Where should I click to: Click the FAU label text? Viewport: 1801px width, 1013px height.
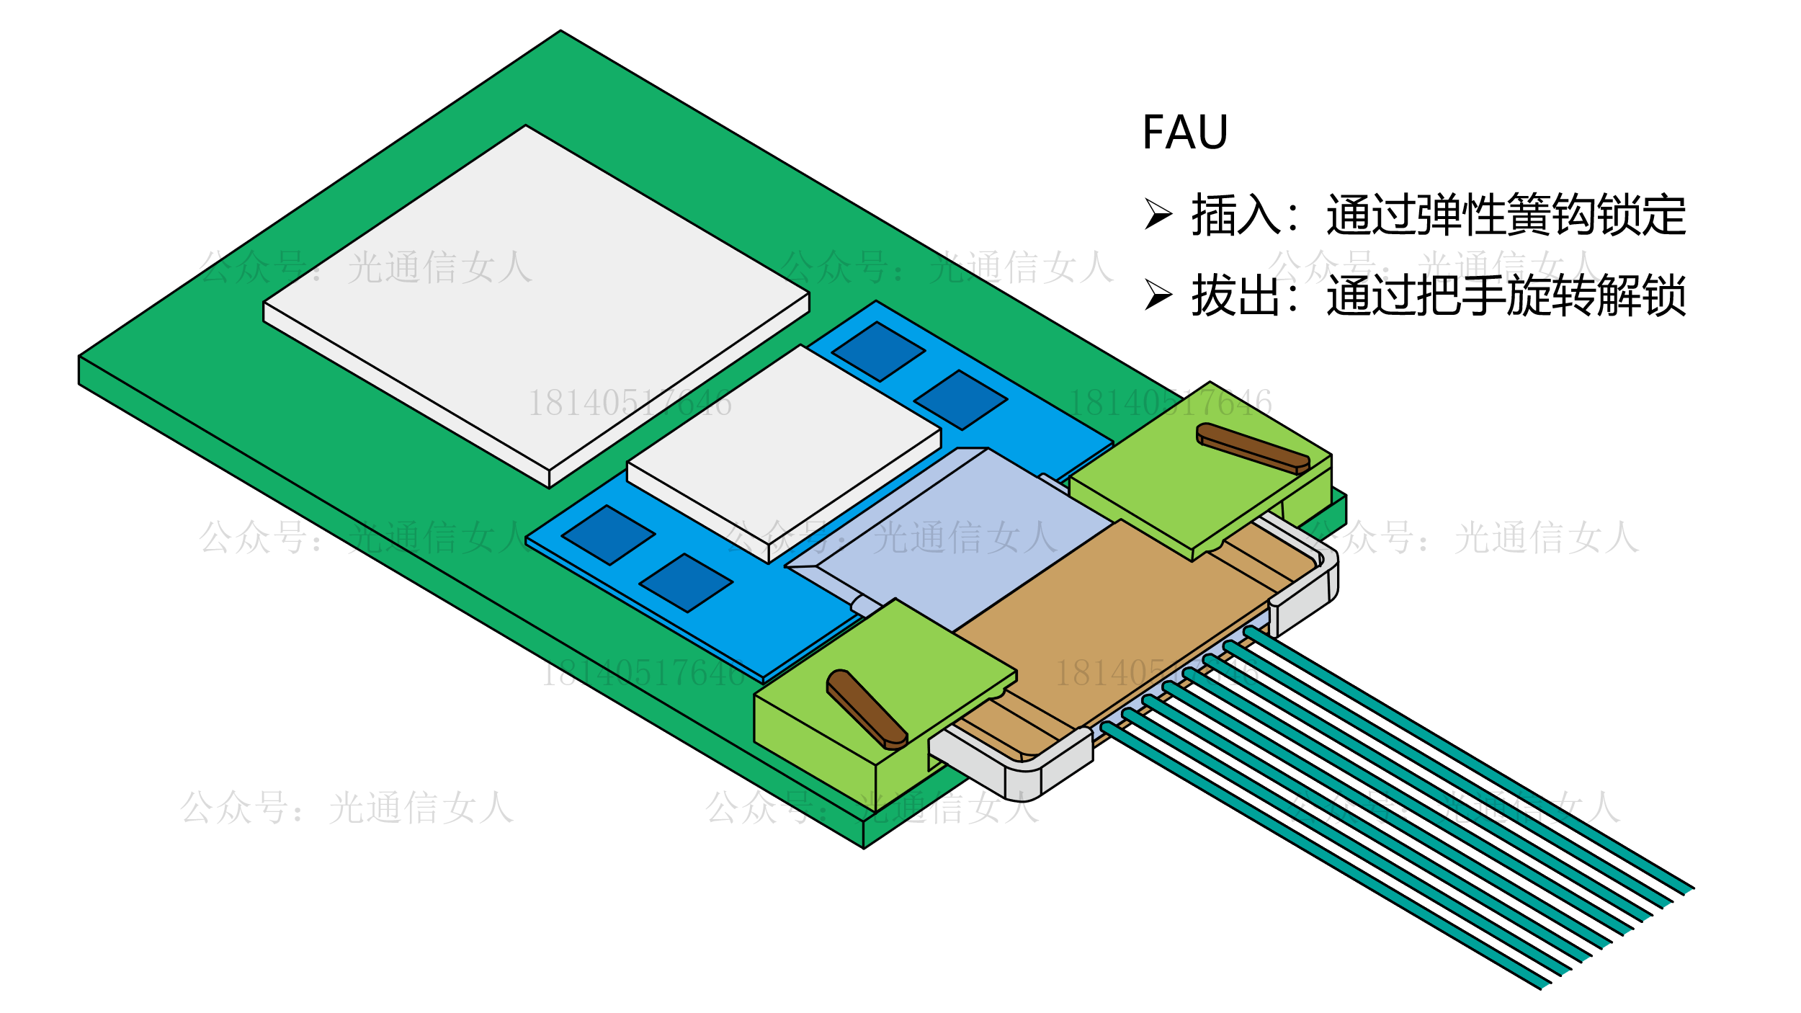click(x=1184, y=133)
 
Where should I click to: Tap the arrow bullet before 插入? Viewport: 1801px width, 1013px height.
click(x=1158, y=214)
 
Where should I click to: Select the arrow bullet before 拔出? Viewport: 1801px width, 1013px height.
click(x=1158, y=295)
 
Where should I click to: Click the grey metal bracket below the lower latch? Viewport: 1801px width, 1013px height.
click(x=1023, y=771)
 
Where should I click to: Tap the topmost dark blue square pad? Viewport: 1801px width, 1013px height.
click(x=878, y=352)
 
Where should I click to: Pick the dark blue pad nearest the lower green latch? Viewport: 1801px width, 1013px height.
click(x=686, y=583)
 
